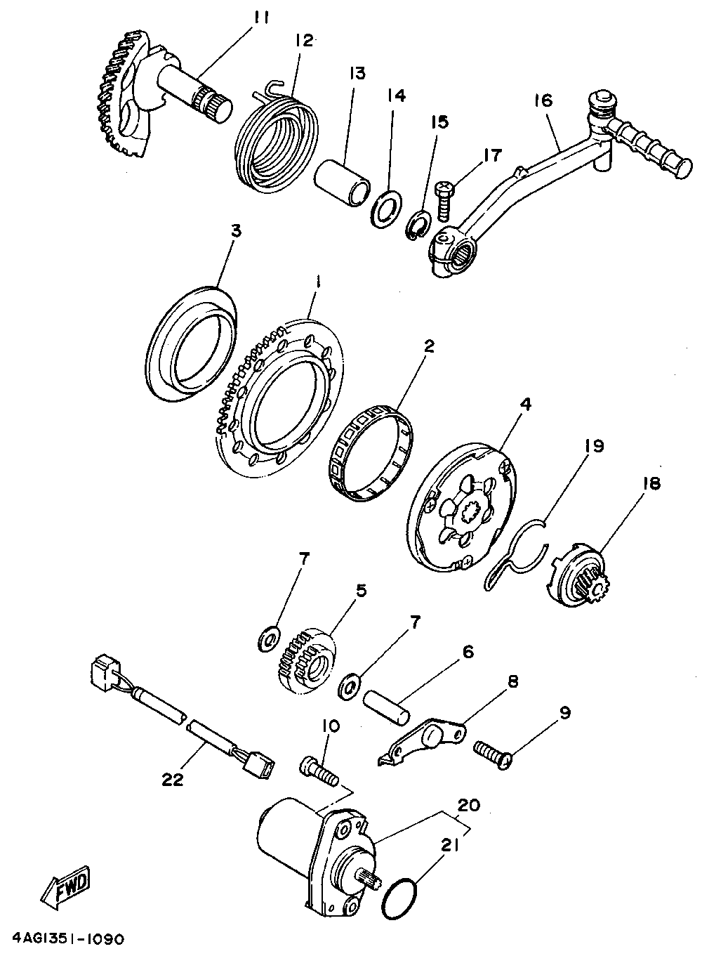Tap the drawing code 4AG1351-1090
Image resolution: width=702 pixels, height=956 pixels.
click(68, 938)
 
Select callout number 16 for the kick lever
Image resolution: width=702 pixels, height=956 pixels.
click(543, 101)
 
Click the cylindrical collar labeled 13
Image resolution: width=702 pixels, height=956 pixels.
click(342, 183)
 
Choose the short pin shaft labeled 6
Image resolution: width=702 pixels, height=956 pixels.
click(384, 705)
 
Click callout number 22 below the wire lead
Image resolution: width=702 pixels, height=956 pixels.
click(173, 779)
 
